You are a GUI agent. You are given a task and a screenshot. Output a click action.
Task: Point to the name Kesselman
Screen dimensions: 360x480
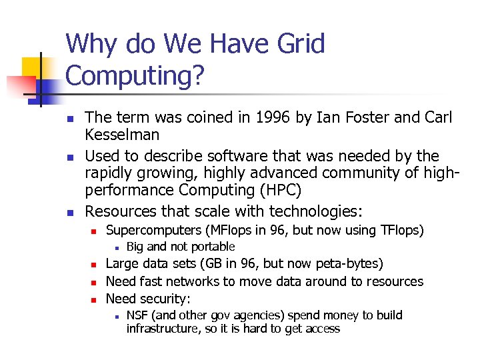pyautogui.click(x=122, y=135)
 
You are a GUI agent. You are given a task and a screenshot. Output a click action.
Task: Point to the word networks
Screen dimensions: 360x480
pyautogui.click(x=195, y=281)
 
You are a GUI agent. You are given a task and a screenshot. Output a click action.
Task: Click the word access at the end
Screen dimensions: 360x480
pyautogui.click(x=322, y=329)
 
